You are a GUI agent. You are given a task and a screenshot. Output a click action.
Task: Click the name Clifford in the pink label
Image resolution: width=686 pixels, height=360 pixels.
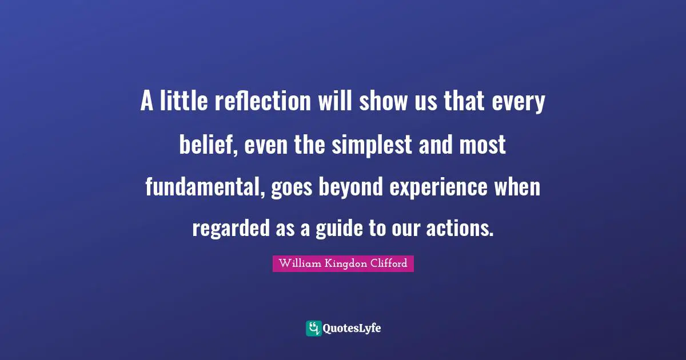coord(388,263)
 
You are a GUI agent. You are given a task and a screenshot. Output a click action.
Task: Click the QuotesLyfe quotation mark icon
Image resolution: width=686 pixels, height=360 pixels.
coord(313,328)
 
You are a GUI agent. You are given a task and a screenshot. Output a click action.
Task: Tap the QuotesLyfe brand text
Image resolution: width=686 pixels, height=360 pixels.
coord(352,329)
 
